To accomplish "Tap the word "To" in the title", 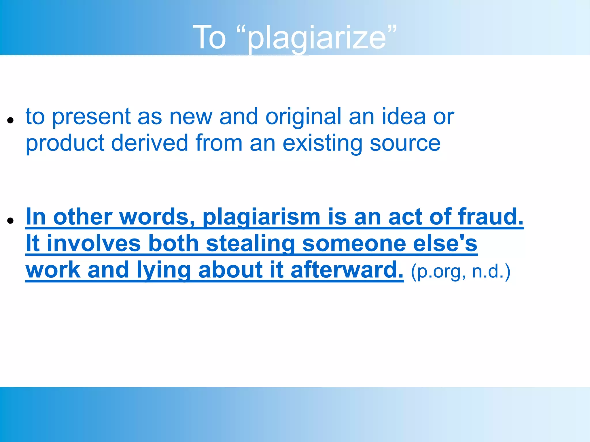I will pos(209,37).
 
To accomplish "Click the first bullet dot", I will pos(11,120).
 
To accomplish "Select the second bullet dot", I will pos(11,221).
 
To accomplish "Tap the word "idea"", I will pos(404,117).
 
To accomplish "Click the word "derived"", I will pos(150,143).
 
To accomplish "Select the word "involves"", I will pos(94,243).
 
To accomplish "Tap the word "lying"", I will pos(163,270).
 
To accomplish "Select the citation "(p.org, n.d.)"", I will pos(460,272).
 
